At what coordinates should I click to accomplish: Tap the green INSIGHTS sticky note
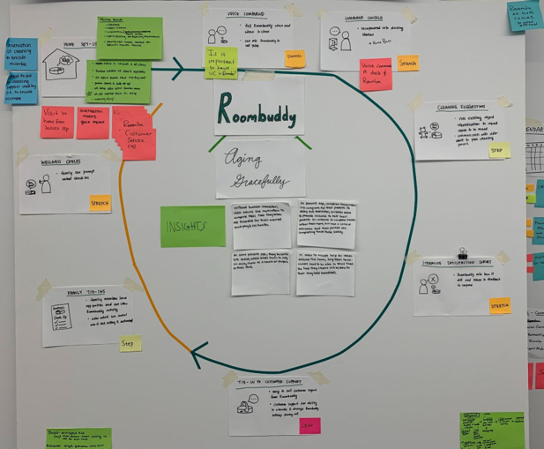[192, 227]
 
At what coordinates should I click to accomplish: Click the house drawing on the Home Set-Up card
[61, 64]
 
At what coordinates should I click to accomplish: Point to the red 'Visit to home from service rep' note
[57, 123]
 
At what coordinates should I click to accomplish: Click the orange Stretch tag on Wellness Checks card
[101, 204]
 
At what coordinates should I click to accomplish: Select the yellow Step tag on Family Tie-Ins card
[130, 343]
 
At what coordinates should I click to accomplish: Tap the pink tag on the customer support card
[309, 425]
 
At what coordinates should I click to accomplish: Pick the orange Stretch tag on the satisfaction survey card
[500, 305]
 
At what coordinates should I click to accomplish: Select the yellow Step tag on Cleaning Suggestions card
[499, 150]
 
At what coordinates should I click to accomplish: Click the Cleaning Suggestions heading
[467, 107]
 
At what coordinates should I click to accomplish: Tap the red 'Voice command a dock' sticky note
[376, 74]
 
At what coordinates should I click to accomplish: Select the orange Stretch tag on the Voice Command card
[294, 58]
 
